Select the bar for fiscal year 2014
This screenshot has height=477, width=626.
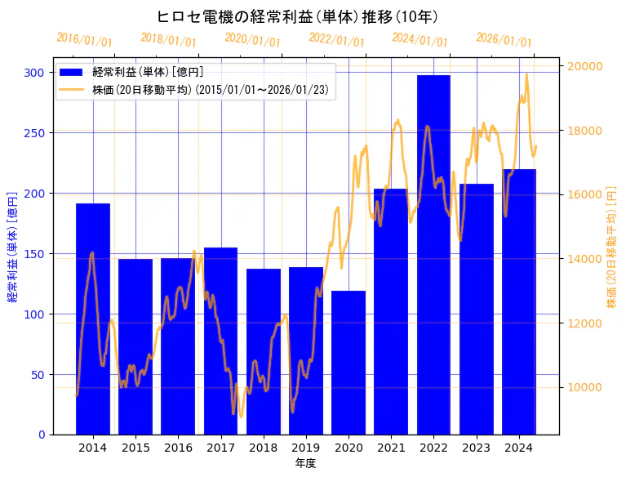click(x=93, y=319)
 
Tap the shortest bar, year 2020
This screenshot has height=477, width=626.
click(x=349, y=363)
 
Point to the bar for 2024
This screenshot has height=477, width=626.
click(x=519, y=302)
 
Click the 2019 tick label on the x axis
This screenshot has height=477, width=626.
click(x=306, y=448)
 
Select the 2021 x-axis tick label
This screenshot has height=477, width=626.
click(x=391, y=448)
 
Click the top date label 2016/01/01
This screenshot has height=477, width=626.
click(x=85, y=40)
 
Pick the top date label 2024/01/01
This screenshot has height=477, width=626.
click(x=420, y=40)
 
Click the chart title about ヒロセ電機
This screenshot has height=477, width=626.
click(x=298, y=17)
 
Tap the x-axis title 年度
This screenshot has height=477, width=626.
click(x=305, y=463)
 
